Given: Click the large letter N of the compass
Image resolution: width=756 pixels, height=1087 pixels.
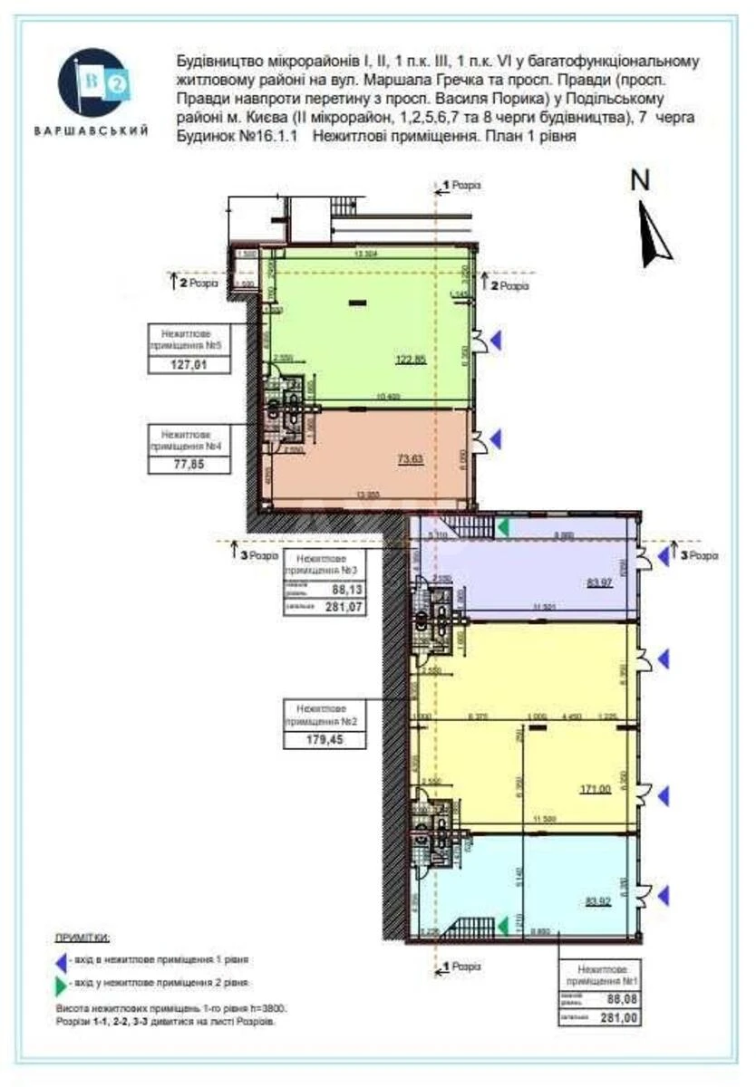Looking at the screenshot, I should (x=641, y=180).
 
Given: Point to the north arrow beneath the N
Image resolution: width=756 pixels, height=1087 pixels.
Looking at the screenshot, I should (x=654, y=234).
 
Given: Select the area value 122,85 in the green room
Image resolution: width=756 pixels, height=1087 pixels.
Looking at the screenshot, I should (x=410, y=359).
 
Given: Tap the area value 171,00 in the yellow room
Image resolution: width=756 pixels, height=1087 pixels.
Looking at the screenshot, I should (x=596, y=789).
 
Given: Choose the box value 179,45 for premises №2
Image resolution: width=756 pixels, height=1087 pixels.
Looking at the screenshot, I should (x=325, y=739).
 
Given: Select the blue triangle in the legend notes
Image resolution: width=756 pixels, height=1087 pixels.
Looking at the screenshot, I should (x=60, y=959).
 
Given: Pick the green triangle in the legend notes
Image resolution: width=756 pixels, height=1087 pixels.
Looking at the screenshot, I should (x=60, y=983).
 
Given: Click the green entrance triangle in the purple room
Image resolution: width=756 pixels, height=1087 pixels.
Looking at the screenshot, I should (x=501, y=526).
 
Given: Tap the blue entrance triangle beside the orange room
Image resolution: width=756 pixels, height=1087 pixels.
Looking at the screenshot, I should (x=495, y=440).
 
